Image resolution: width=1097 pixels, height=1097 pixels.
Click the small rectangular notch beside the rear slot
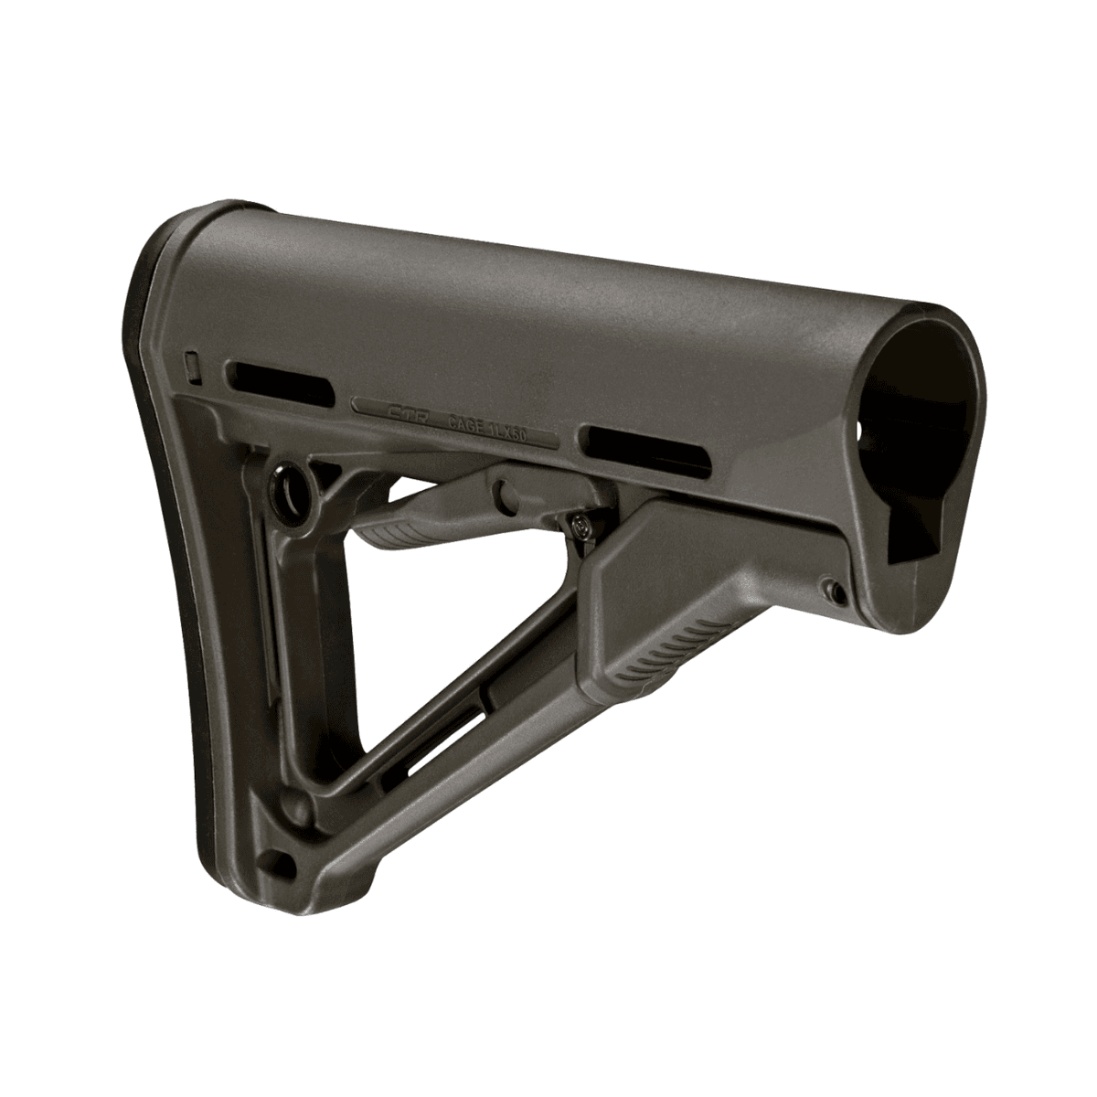coord(191,364)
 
